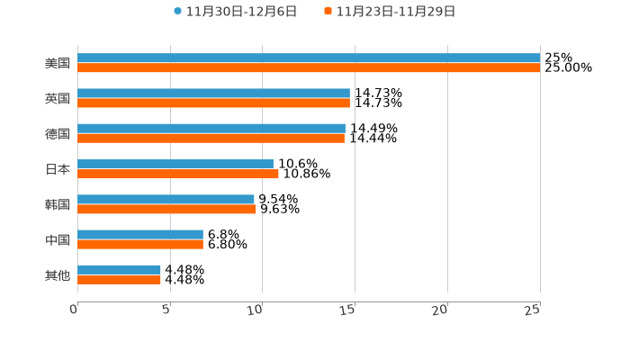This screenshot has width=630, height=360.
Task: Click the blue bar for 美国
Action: coord(309,58)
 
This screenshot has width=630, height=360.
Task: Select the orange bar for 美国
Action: coord(309,68)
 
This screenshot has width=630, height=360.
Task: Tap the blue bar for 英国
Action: coord(213,94)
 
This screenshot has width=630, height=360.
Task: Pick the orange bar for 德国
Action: coord(211,139)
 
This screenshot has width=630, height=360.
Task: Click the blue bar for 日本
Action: coord(175,164)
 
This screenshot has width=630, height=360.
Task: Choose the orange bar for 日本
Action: coord(178,174)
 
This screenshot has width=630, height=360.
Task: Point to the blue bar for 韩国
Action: coord(166,199)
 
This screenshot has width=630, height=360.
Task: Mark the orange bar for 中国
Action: coord(140,244)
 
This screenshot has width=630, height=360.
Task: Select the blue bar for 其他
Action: coord(119,269)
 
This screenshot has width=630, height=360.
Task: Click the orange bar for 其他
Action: coord(119,279)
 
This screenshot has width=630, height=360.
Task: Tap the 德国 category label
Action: coord(58,133)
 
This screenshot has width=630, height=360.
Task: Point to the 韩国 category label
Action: coord(58,204)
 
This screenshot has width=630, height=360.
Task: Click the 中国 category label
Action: coord(58,239)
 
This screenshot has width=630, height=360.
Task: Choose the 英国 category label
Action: coord(58,98)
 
